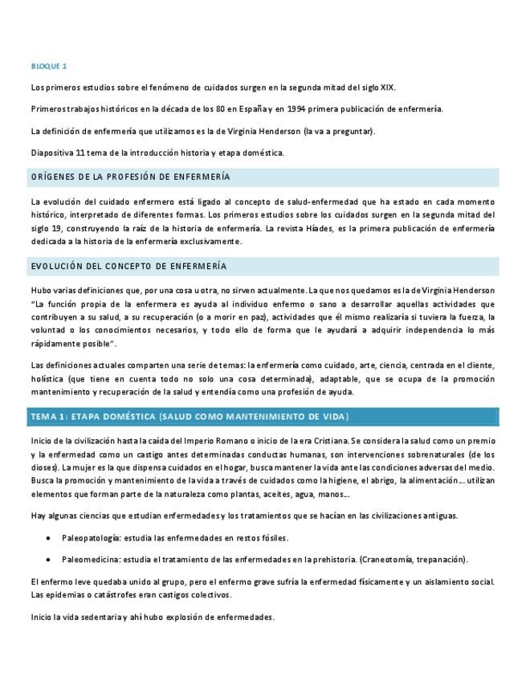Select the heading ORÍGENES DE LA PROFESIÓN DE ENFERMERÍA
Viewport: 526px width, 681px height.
click(x=129, y=177)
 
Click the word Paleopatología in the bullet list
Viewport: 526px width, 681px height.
click(x=90, y=537)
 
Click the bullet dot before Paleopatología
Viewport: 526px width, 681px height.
click(x=51, y=537)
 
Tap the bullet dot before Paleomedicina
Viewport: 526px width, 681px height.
click(x=51, y=559)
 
